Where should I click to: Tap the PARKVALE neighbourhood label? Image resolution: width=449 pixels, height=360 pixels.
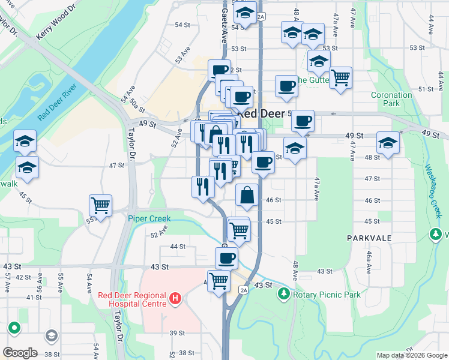[x=369, y=238]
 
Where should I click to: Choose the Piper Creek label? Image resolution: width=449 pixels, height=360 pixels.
[x=149, y=218]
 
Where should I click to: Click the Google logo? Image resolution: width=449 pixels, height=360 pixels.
[x=20, y=353]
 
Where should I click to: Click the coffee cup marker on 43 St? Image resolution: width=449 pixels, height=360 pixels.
[x=226, y=258]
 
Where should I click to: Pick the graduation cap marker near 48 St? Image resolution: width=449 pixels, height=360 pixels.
[x=388, y=143]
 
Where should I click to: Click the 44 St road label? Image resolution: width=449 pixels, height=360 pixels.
[x=178, y=247]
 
